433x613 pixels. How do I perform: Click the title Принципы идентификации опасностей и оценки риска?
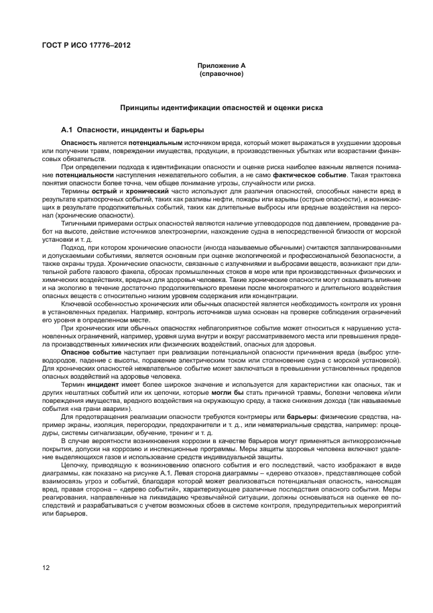pos(221,107)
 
